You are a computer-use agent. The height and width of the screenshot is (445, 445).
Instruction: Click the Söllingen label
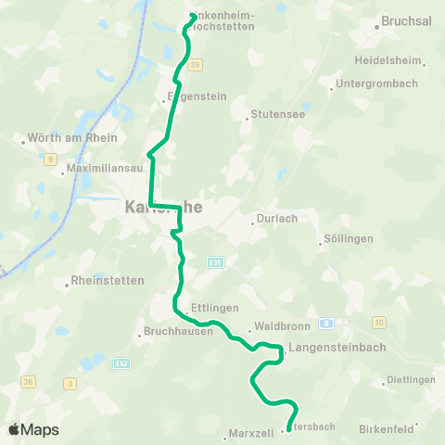(348, 238)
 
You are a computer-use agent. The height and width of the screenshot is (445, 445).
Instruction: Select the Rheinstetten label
(108, 283)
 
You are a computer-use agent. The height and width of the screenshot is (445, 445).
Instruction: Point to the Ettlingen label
(216, 307)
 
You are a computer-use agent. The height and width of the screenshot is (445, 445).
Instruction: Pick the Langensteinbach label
(330, 348)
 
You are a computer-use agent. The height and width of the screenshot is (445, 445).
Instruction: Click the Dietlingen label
(413, 380)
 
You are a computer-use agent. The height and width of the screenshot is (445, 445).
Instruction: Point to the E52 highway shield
(121, 364)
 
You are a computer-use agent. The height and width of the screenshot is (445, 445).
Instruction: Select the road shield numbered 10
(378, 322)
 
